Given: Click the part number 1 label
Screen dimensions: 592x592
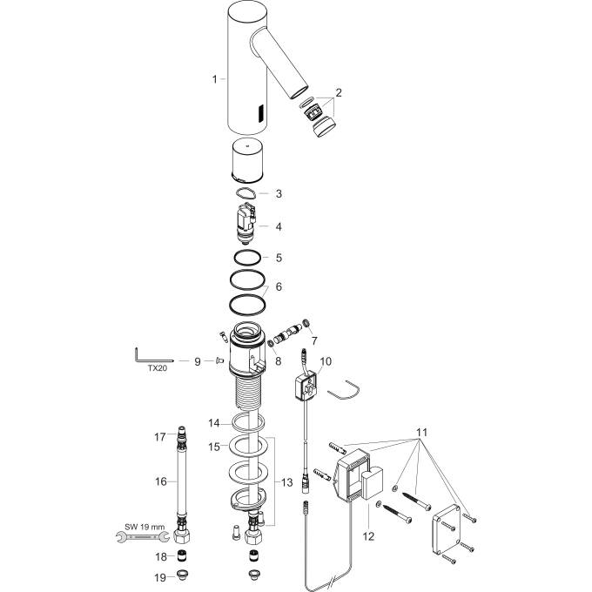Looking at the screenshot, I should point(214,79).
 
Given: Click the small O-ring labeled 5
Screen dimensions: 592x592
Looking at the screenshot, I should point(247,258).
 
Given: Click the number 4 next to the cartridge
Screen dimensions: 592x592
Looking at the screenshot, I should point(279,226).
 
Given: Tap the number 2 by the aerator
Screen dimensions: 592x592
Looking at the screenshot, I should point(339,92).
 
